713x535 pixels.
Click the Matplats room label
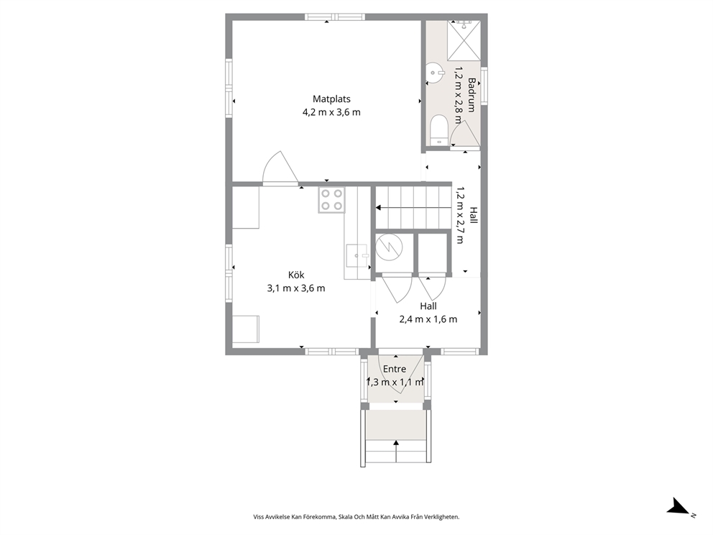331,99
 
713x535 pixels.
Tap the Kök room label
296,275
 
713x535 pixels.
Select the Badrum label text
472,95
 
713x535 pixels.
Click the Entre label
395,369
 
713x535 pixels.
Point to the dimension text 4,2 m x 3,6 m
331,112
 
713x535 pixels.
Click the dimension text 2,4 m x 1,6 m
428,319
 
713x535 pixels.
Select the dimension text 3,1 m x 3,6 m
296,288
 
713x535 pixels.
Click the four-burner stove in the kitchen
331,200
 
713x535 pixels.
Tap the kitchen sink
357,256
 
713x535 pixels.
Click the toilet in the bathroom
439,129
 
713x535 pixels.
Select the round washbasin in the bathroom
435,73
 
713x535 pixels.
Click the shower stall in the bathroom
464,40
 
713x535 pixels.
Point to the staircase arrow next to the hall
413,208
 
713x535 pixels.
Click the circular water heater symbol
390,247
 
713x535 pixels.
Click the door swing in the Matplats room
280,168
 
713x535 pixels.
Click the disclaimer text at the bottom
356,517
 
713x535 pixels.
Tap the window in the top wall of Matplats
335,17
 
